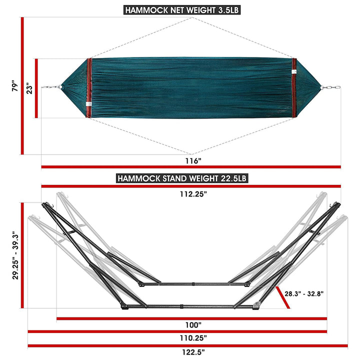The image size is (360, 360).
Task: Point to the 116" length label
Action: tap(191, 161)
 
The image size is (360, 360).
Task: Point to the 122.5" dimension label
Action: tap(191, 352)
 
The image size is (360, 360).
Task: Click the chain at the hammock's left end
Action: tap(51, 87)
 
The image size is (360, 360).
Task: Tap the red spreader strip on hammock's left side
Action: tap(89, 88)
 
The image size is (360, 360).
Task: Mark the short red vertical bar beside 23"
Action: tap(36, 88)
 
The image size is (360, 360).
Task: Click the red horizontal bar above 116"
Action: tap(191, 167)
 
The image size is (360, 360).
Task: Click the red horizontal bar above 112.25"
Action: tap(191, 186)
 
